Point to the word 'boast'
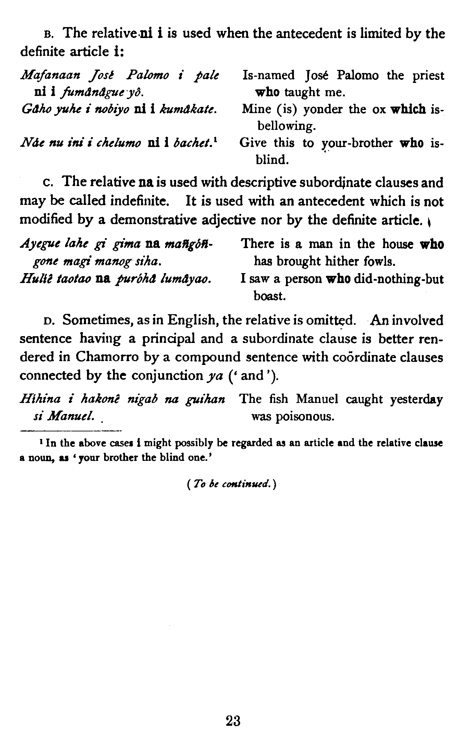click(x=269, y=296)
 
